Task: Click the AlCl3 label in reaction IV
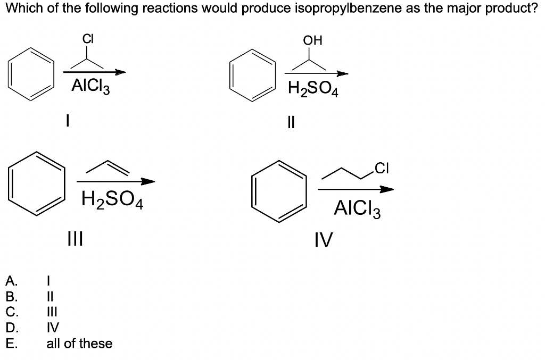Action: click(357, 208)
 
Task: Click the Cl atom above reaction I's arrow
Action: click(88, 39)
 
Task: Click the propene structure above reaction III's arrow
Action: click(109, 167)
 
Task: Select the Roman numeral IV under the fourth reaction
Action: click(324, 241)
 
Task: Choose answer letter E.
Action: click(12, 344)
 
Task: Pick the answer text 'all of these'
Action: click(79, 344)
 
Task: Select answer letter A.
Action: click(12, 279)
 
